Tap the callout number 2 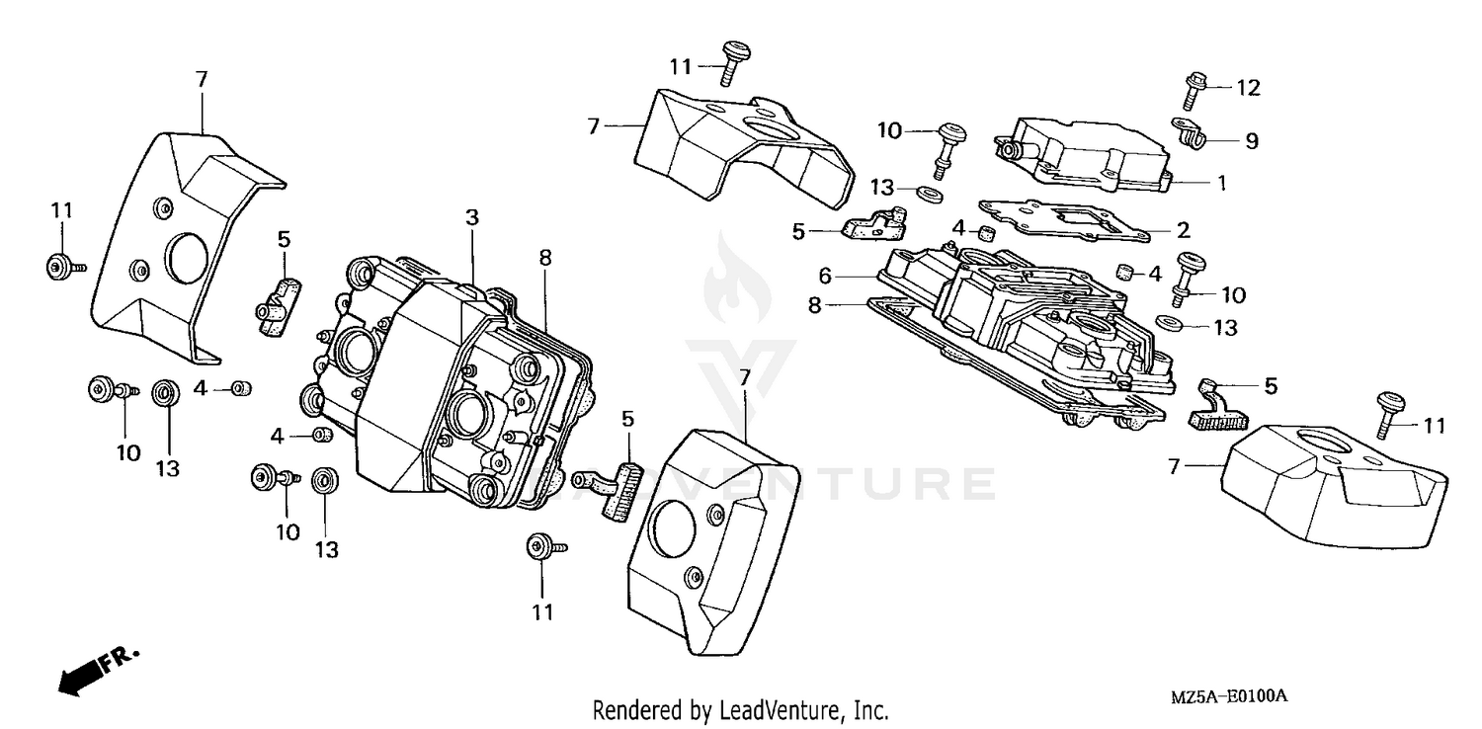pos(1182,231)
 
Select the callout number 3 pos(472,216)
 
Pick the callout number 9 pos(1251,141)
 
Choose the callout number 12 pos(1249,88)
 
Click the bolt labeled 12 pos(1191,91)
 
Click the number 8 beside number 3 pos(544,257)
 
